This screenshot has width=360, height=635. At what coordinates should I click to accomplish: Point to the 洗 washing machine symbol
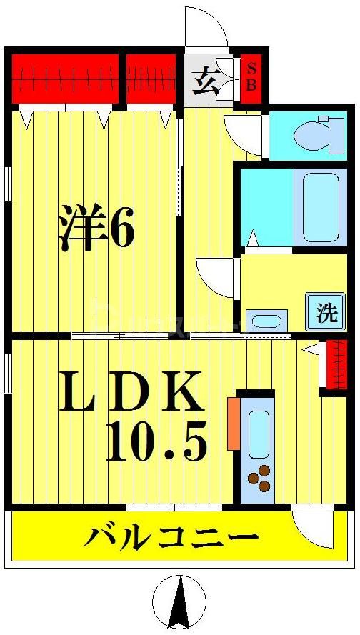[326, 312]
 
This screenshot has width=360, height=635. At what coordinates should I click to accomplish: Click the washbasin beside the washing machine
[266, 320]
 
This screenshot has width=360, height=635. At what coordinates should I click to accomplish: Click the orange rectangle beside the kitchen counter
[234, 424]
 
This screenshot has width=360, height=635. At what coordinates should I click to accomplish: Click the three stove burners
[259, 478]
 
